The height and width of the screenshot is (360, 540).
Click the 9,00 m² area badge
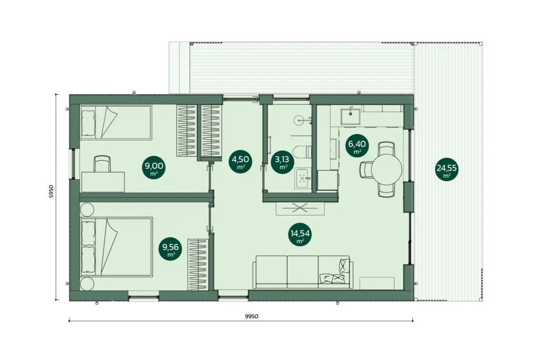click(x=153, y=169)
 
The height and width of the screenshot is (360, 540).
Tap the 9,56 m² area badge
click(x=170, y=249)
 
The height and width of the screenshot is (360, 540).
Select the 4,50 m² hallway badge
click(x=240, y=161)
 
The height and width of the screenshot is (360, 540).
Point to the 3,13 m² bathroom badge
click(x=283, y=162)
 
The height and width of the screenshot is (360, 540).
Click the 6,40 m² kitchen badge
click(x=357, y=145)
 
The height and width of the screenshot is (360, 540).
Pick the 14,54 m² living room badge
click(x=300, y=236)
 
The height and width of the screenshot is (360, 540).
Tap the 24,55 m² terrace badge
click(x=447, y=169)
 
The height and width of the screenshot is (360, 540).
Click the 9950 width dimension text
click(x=252, y=316)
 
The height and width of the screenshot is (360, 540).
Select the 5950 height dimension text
click(x=51, y=191)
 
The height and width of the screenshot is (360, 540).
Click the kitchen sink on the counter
click(x=351, y=116)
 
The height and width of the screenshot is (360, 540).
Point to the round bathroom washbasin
click(x=300, y=120)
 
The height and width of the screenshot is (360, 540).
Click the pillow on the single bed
click(x=88, y=123)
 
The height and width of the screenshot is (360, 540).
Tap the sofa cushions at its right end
click(x=334, y=271)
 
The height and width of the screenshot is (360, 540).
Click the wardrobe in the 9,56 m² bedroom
click(x=197, y=265)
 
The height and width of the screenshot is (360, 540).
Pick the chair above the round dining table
click(x=386, y=149)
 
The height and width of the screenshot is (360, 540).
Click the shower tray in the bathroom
click(x=303, y=178)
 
